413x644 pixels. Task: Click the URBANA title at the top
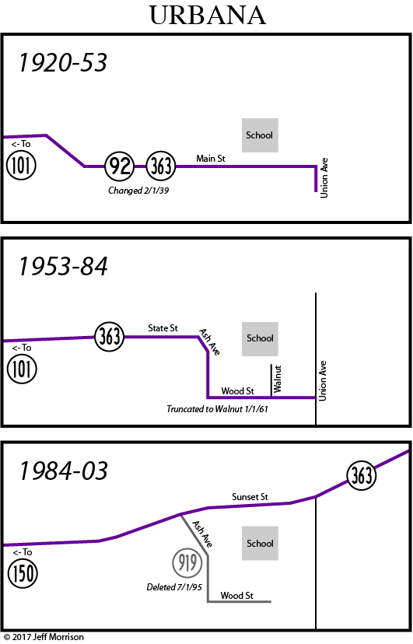click(208, 16)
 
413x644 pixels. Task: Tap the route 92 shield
click(120, 166)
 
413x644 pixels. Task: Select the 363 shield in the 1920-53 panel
click(161, 166)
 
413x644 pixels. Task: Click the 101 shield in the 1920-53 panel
click(21, 166)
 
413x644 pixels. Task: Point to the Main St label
click(211, 159)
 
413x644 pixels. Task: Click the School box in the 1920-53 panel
click(260, 135)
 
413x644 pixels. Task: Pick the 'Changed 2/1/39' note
click(138, 191)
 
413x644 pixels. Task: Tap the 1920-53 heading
click(63, 63)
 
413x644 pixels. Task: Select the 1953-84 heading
click(63, 266)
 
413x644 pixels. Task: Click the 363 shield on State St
click(109, 337)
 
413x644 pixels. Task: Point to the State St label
click(163, 328)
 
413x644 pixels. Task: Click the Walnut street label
click(278, 379)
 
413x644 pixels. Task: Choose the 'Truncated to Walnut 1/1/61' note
click(217, 409)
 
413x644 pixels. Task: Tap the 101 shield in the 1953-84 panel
click(22, 369)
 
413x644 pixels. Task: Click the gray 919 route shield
click(187, 562)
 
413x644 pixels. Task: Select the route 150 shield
click(23, 573)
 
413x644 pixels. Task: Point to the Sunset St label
click(250, 497)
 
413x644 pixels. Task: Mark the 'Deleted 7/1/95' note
click(174, 587)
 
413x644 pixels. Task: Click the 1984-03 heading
click(63, 471)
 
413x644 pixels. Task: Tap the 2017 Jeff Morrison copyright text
click(44, 637)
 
